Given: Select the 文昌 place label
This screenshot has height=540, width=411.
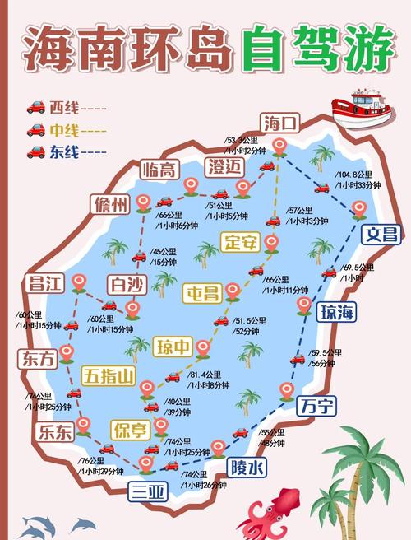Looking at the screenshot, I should click(382, 233).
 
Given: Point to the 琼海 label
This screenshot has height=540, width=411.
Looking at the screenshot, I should click(338, 310).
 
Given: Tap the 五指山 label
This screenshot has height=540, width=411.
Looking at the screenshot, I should click(109, 376).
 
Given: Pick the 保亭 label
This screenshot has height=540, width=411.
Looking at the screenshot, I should click(131, 429).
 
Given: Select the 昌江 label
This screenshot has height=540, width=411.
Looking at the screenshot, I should click(46, 282).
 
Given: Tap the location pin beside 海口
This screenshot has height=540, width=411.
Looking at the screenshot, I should click(279, 147).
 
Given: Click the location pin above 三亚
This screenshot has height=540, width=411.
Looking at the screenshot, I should click(146, 463).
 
